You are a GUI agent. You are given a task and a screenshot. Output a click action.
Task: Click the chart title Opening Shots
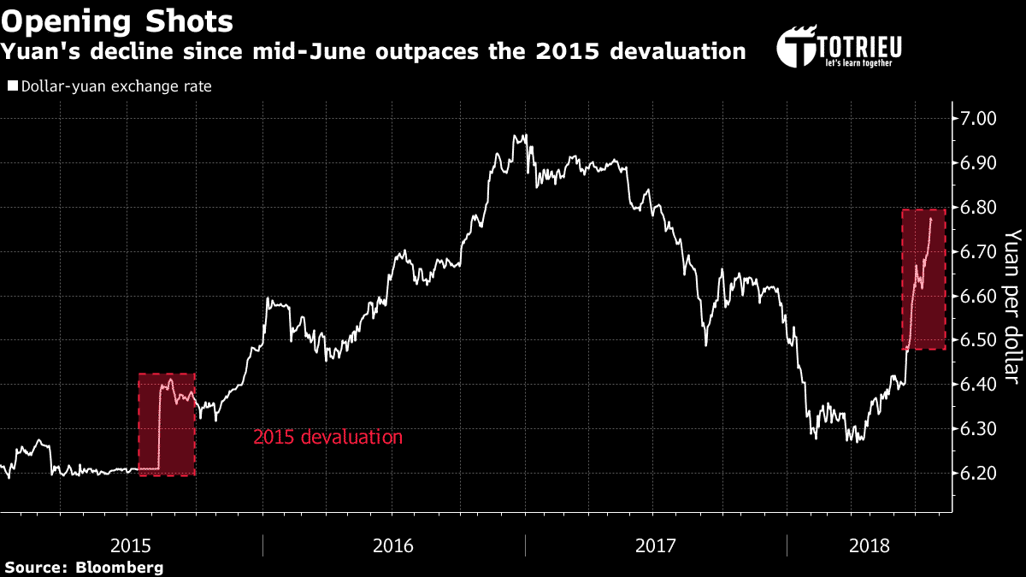(118, 21)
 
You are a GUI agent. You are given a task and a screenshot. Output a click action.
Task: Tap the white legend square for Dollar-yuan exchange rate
(12, 86)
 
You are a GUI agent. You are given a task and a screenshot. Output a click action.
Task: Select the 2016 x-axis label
(393, 545)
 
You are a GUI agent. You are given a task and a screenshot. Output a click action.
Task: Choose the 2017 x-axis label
(656, 545)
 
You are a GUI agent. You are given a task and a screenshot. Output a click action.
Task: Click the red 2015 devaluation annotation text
(327, 437)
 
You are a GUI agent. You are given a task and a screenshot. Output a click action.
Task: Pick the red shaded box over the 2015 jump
(167, 424)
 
